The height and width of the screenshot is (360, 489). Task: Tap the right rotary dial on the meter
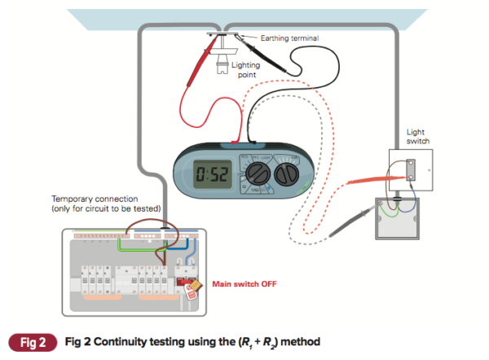click(286, 174)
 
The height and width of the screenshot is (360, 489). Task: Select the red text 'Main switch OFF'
click(245, 284)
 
